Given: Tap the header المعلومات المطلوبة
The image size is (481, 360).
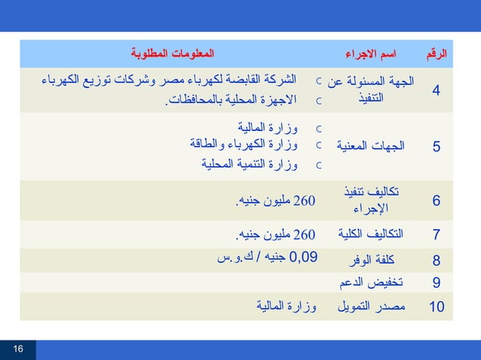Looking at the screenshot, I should click(x=173, y=55).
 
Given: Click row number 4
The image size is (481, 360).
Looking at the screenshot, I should click(x=437, y=91).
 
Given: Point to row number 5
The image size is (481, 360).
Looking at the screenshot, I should click(x=437, y=147).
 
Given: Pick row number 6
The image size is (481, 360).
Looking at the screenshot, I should click(x=437, y=201).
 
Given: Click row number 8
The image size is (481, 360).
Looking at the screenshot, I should click(x=437, y=261).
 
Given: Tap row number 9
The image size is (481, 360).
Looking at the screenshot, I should click(x=437, y=283).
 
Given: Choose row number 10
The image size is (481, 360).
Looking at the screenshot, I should click(x=437, y=307).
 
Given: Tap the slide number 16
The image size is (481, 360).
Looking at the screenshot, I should click(x=18, y=349).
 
